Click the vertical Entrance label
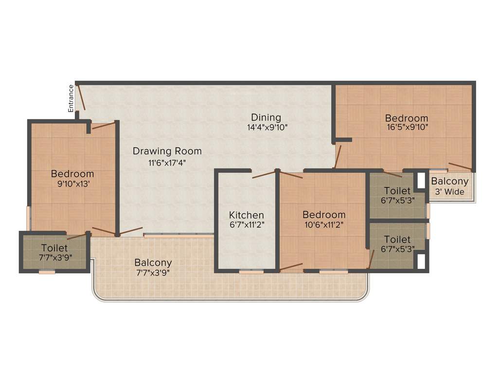pos(71,98)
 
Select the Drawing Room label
pos(167,151)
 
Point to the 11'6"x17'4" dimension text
pos(167,163)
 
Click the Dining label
pos(266,117)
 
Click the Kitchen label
pos(247,215)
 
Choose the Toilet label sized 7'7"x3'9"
pos(54,248)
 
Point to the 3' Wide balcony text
pos(450,192)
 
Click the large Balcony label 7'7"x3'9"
pos(153,262)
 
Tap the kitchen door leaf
pos(263,174)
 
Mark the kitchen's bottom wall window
pos(251,272)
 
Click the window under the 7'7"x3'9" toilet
pos(47,272)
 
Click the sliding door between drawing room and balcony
pos(178,236)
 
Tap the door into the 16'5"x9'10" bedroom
pos(338,156)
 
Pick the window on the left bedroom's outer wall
pos(29,218)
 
